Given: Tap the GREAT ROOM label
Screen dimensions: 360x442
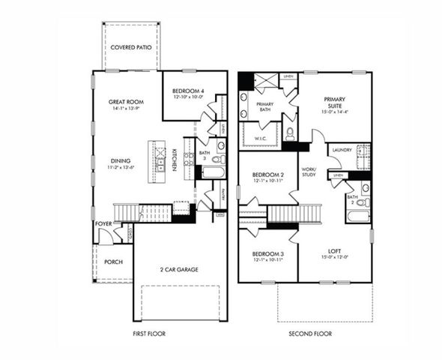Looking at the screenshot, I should pos(127,101).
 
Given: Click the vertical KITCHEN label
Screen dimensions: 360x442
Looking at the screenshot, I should pos(175,157).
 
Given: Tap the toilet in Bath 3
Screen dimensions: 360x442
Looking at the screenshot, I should pos(217,159).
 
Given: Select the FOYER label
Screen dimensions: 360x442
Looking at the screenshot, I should pos(103,223).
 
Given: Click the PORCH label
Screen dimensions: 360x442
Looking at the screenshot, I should pos(113,262).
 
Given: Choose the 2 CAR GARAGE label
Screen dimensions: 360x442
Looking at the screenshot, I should pos(178,268).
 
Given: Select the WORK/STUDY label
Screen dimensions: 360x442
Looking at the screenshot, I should pos(309,173).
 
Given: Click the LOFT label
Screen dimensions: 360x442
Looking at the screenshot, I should pos(334,251).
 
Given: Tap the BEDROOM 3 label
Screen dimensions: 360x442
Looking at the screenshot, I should pos(267,253).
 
